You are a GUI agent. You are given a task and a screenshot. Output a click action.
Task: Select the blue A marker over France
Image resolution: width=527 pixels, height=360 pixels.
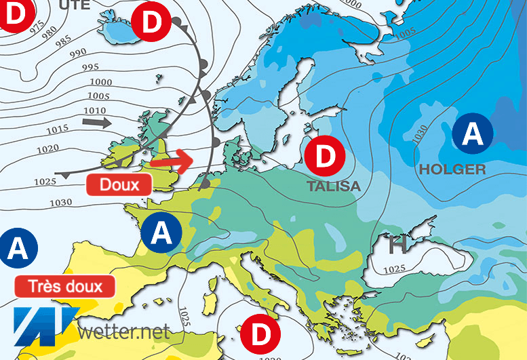coord(161,233)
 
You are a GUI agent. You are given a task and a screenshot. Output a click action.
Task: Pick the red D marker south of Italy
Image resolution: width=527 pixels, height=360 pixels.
coord(260,334)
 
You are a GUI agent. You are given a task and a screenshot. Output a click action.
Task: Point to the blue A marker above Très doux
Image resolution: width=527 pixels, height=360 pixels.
coord(18,249)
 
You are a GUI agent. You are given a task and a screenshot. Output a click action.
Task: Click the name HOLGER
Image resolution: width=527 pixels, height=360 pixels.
coord(452,169)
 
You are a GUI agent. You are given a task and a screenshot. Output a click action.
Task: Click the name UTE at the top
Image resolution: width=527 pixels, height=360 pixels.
coord(75,5)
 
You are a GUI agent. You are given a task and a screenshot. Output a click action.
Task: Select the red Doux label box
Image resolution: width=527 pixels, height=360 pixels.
coord(119,184)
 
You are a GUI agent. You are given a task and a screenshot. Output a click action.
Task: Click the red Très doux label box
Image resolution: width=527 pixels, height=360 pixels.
coord(65,285)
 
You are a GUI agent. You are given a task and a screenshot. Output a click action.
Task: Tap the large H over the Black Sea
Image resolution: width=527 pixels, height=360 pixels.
coord(396,245)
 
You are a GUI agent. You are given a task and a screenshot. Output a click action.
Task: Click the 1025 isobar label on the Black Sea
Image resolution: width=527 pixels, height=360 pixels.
coord(395,270)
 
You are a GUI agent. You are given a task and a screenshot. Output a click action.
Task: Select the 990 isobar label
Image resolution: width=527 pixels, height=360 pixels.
coord(79,54)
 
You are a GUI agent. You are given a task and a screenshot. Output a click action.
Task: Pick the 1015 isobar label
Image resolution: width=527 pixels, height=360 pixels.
coord(58,129)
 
